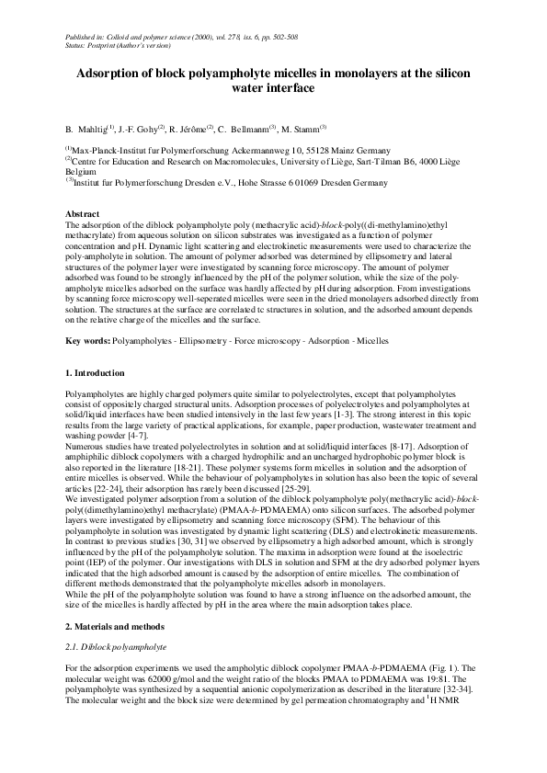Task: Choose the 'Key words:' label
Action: coord(87,341)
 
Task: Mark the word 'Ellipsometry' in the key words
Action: coord(202,341)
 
